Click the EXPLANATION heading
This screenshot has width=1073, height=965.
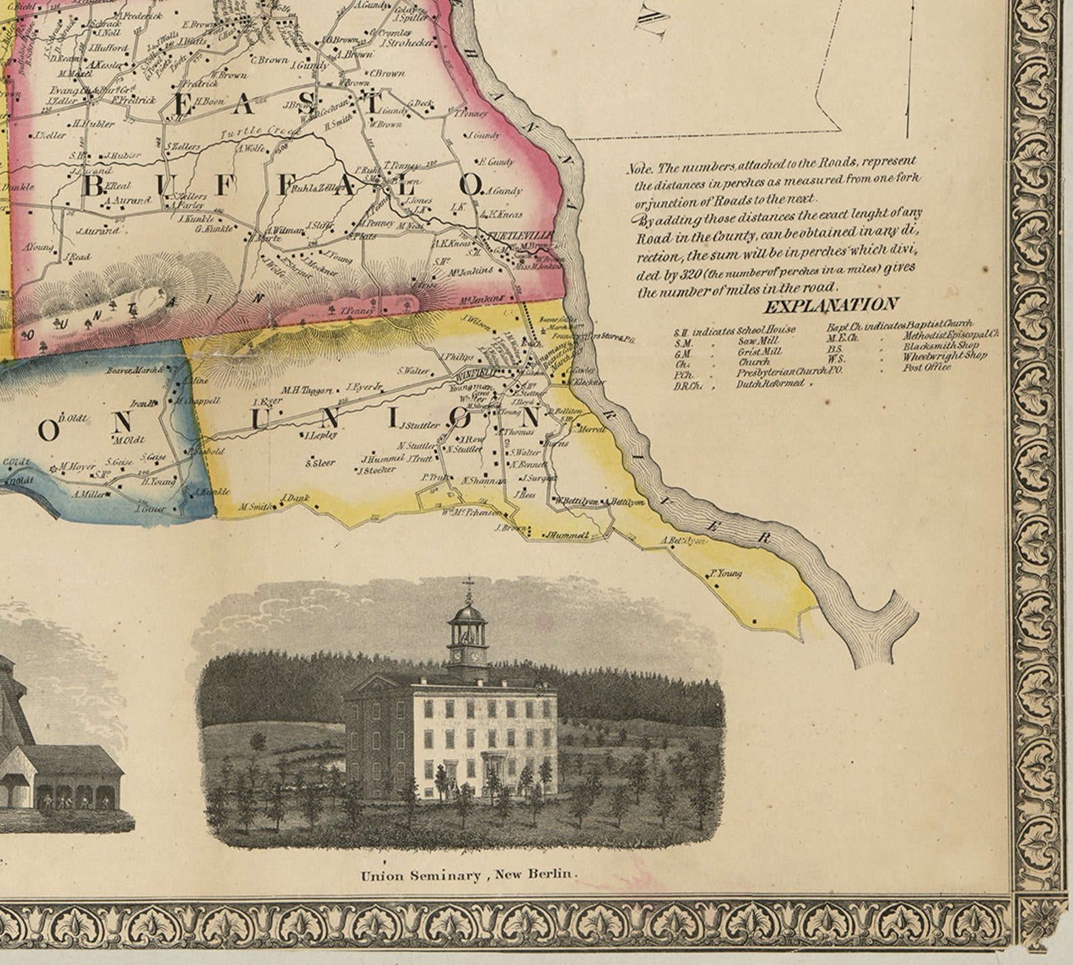pyautogui.click(x=830, y=305)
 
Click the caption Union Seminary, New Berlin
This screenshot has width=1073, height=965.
pyautogui.click(x=470, y=875)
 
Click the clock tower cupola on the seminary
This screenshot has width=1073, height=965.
pyautogui.click(x=468, y=635)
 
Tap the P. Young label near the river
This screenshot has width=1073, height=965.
pyautogui.click(x=724, y=573)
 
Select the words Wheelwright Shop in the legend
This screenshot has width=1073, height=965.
pyautogui.click(x=945, y=356)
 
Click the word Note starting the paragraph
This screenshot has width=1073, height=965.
pyautogui.click(x=640, y=169)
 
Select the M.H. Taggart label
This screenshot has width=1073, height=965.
pyautogui.click(x=307, y=390)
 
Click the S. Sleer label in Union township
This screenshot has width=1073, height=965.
pyautogui.click(x=320, y=463)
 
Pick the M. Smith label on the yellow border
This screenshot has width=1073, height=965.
pyautogui.click(x=256, y=507)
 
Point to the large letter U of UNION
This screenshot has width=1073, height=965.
pyautogui.click(x=261, y=419)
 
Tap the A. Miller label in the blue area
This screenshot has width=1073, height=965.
pyautogui.click(x=90, y=495)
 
